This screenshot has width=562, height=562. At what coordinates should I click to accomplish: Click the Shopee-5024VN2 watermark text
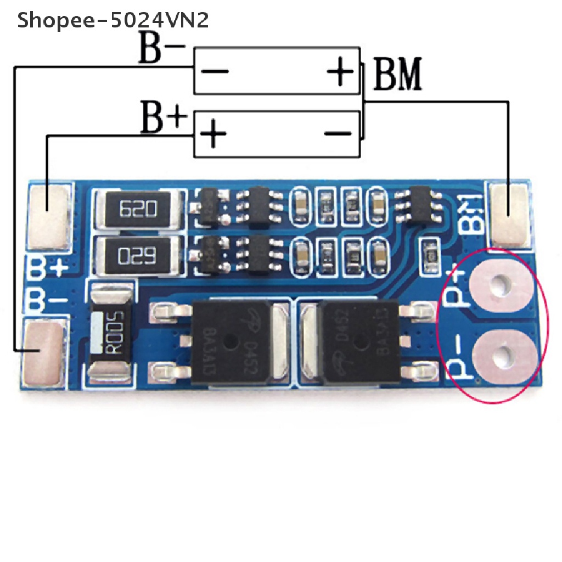113,21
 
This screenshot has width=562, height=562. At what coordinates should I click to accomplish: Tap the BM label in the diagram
397,75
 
